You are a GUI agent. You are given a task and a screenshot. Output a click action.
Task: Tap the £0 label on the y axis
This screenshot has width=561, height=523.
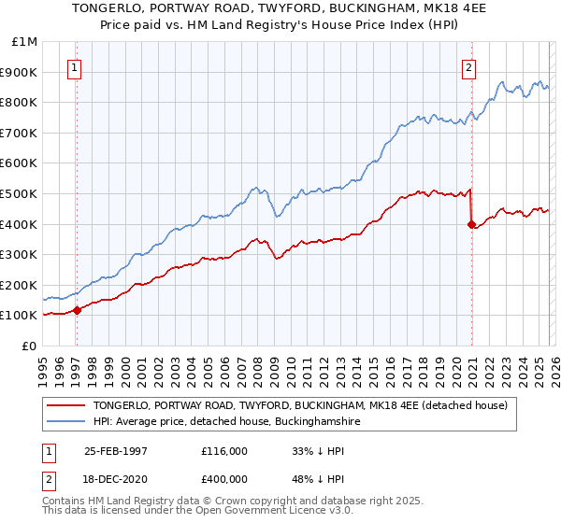31,346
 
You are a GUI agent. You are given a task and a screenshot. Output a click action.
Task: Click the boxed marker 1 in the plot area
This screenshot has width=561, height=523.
74,66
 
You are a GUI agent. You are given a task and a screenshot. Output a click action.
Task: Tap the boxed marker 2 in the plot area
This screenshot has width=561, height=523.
468,66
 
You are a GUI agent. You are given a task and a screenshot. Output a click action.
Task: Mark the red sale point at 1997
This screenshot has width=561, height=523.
78,310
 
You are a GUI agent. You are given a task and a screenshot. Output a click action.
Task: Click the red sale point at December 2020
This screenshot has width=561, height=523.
470,223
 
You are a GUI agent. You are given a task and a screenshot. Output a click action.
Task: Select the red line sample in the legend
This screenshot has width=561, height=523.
67,406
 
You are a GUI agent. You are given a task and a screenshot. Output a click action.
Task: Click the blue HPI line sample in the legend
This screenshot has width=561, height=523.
67,422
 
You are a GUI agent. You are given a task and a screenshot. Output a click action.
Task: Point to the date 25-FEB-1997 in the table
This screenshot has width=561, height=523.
116,451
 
